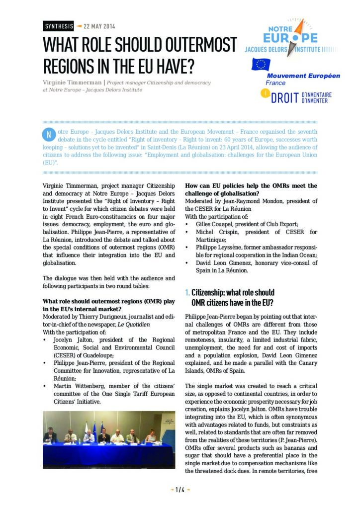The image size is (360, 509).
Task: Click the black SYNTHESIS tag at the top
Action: coord(58,26)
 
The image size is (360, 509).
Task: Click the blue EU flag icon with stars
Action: coord(260,65)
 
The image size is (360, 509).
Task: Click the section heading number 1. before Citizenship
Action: coord(187,293)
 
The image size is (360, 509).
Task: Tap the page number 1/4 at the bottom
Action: coord(180,490)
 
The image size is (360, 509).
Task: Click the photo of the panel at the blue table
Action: coord(109,439)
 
